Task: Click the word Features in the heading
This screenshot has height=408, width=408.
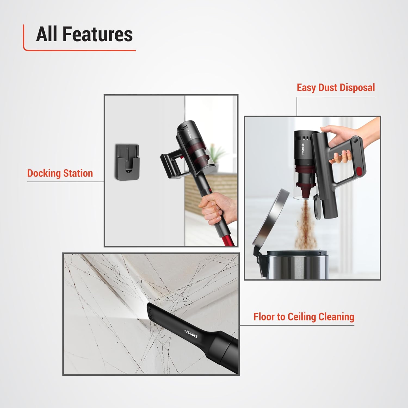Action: pyautogui.click(x=98, y=35)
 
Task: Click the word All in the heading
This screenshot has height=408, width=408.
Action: pyautogui.click(x=47, y=35)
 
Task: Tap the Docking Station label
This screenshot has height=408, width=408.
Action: pyautogui.click(x=60, y=173)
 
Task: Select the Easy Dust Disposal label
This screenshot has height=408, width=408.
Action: pyautogui.click(x=336, y=88)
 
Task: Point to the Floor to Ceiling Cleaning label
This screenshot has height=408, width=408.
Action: pyautogui.click(x=304, y=317)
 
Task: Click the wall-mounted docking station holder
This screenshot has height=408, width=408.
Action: pyautogui.click(x=127, y=162)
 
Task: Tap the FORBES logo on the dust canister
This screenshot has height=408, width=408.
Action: pyautogui.click(x=302, y=150)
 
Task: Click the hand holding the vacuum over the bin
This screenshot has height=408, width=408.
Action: pyautogui.click(x=340, y=144)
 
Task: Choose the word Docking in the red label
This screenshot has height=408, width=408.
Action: pyautogui.click(x=44, y=173)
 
